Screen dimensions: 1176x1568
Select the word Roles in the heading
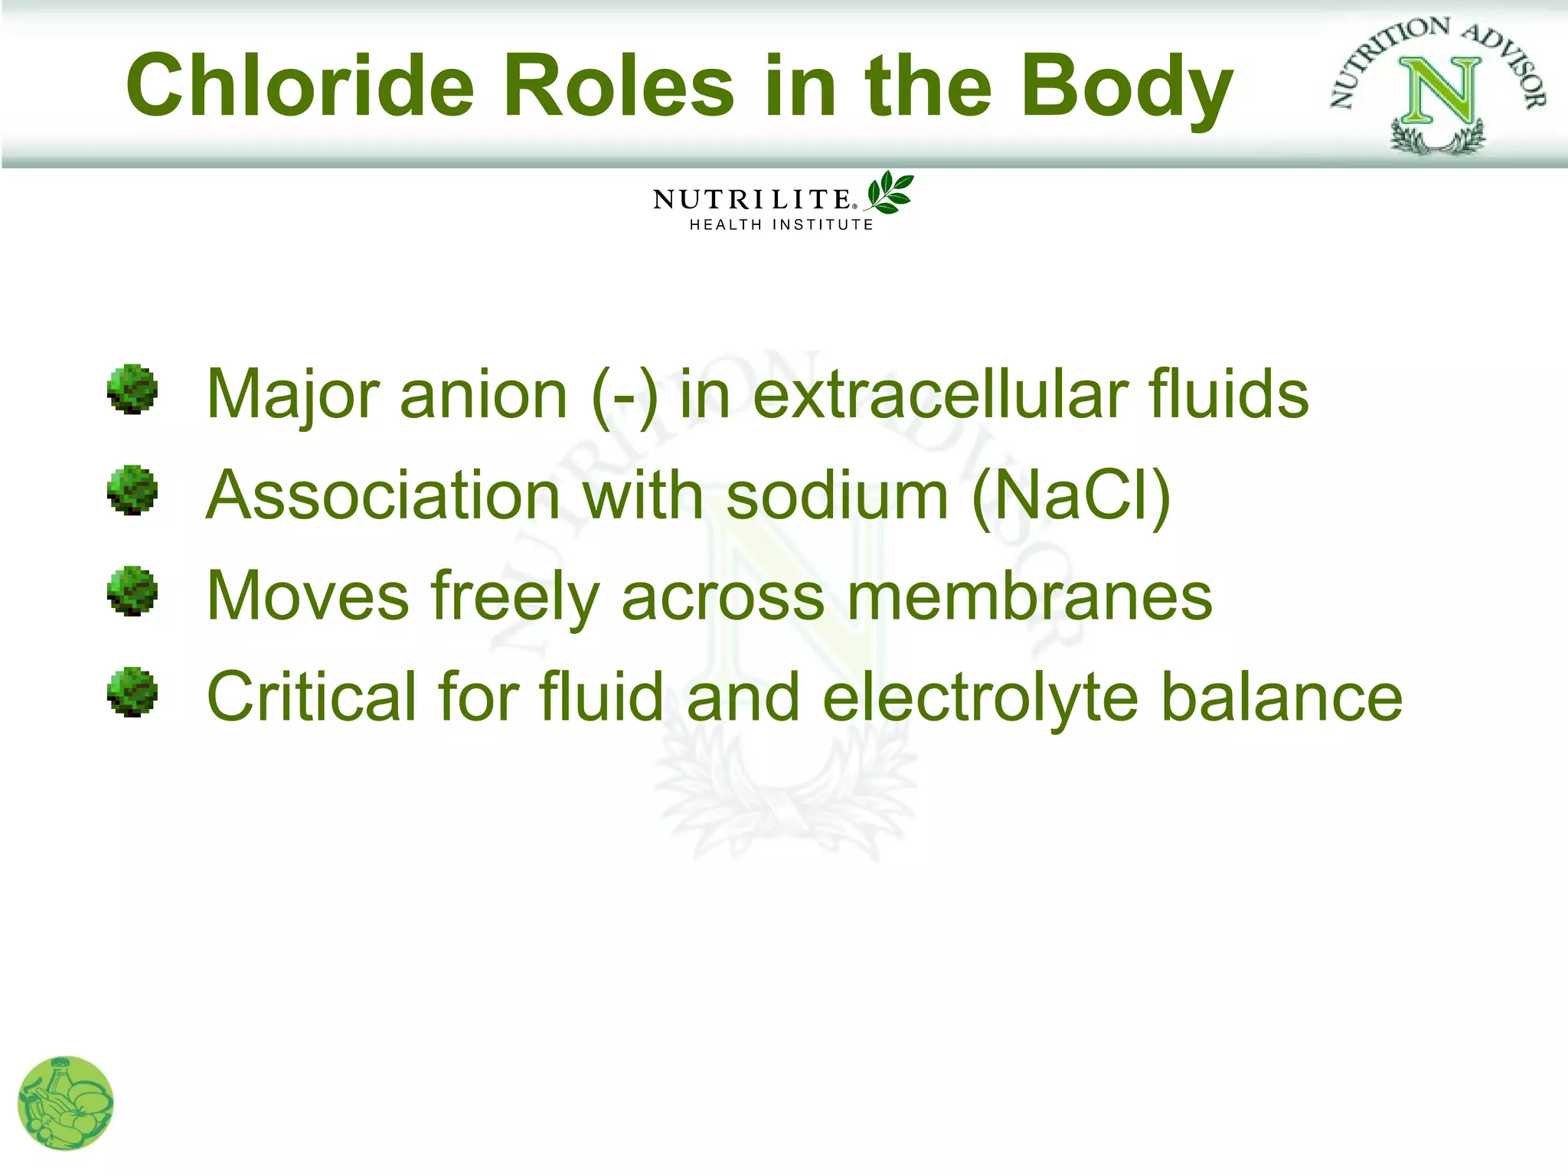tap(619, 86)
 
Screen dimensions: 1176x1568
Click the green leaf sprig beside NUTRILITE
tap(890, 192)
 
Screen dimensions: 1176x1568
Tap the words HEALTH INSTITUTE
tap(781, 225)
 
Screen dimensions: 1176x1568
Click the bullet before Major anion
tap(132, 390)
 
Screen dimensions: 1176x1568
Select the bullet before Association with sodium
tap(132, 491)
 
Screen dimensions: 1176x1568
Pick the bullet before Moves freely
tap(132, 591)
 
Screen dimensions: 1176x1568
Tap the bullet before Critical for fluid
tap(132, 692)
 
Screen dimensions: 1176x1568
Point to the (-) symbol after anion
tap(624, 395)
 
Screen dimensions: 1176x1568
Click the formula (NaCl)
tap(1071, 496)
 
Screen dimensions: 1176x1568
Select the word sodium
tap(837, 495)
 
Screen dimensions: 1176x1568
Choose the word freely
tap(515, 598)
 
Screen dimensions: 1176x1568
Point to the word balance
tap(1281, 697)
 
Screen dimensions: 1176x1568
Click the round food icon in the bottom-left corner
tap(66, 1103)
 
